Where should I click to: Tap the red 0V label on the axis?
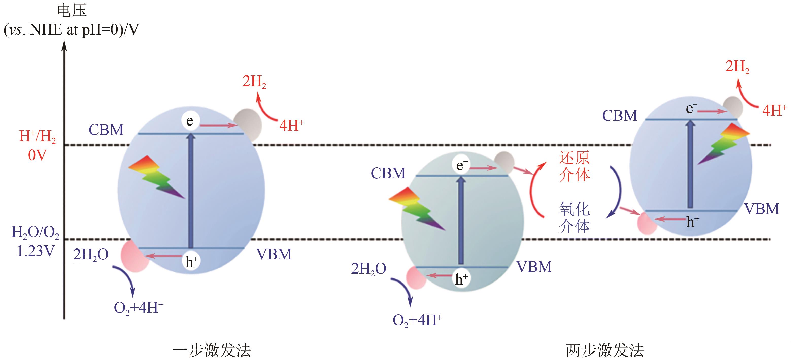(x=37, y=155)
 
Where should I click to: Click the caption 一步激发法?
(x=212, y=350)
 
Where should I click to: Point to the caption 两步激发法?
(x=605, y=350)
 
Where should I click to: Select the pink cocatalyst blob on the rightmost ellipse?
(x=647, y=224)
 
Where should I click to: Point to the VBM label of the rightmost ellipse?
(x=762, y=209)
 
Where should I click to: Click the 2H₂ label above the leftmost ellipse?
(x=254, y=82)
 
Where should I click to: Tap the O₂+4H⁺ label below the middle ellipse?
(x=417, y=321)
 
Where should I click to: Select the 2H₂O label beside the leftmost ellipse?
(x=91, y=255)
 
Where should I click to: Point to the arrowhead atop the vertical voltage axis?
(x=64, y=46)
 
